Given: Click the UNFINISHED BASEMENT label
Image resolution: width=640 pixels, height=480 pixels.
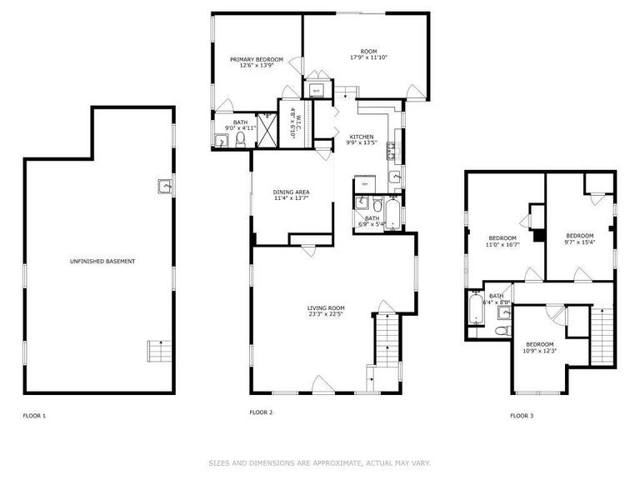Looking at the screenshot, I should (102, 262).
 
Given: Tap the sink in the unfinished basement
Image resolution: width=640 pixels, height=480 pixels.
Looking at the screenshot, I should (163, 186).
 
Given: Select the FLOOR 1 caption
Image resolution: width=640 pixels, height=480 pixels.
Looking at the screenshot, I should (34, 415).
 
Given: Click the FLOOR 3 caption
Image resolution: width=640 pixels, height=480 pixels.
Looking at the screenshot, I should (522, 415).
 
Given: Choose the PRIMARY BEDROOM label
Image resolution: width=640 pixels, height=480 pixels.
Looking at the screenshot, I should (257, 60).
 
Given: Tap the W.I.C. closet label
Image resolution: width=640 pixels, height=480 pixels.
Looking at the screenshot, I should (292, 122).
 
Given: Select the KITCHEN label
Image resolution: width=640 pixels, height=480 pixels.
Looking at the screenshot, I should (361, 137).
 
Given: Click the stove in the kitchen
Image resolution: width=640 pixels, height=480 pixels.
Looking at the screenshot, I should (390, 152).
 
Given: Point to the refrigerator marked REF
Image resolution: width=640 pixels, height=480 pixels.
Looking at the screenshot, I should (364, 183).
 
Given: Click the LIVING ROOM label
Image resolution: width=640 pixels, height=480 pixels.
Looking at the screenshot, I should (325, 308).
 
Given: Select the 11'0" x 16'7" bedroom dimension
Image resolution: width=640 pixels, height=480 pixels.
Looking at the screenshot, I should (503, 245).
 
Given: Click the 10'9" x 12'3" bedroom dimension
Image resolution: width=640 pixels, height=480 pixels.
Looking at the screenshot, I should (539, 350).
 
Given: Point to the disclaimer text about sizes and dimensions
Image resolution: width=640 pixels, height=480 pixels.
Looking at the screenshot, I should (319, 462).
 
